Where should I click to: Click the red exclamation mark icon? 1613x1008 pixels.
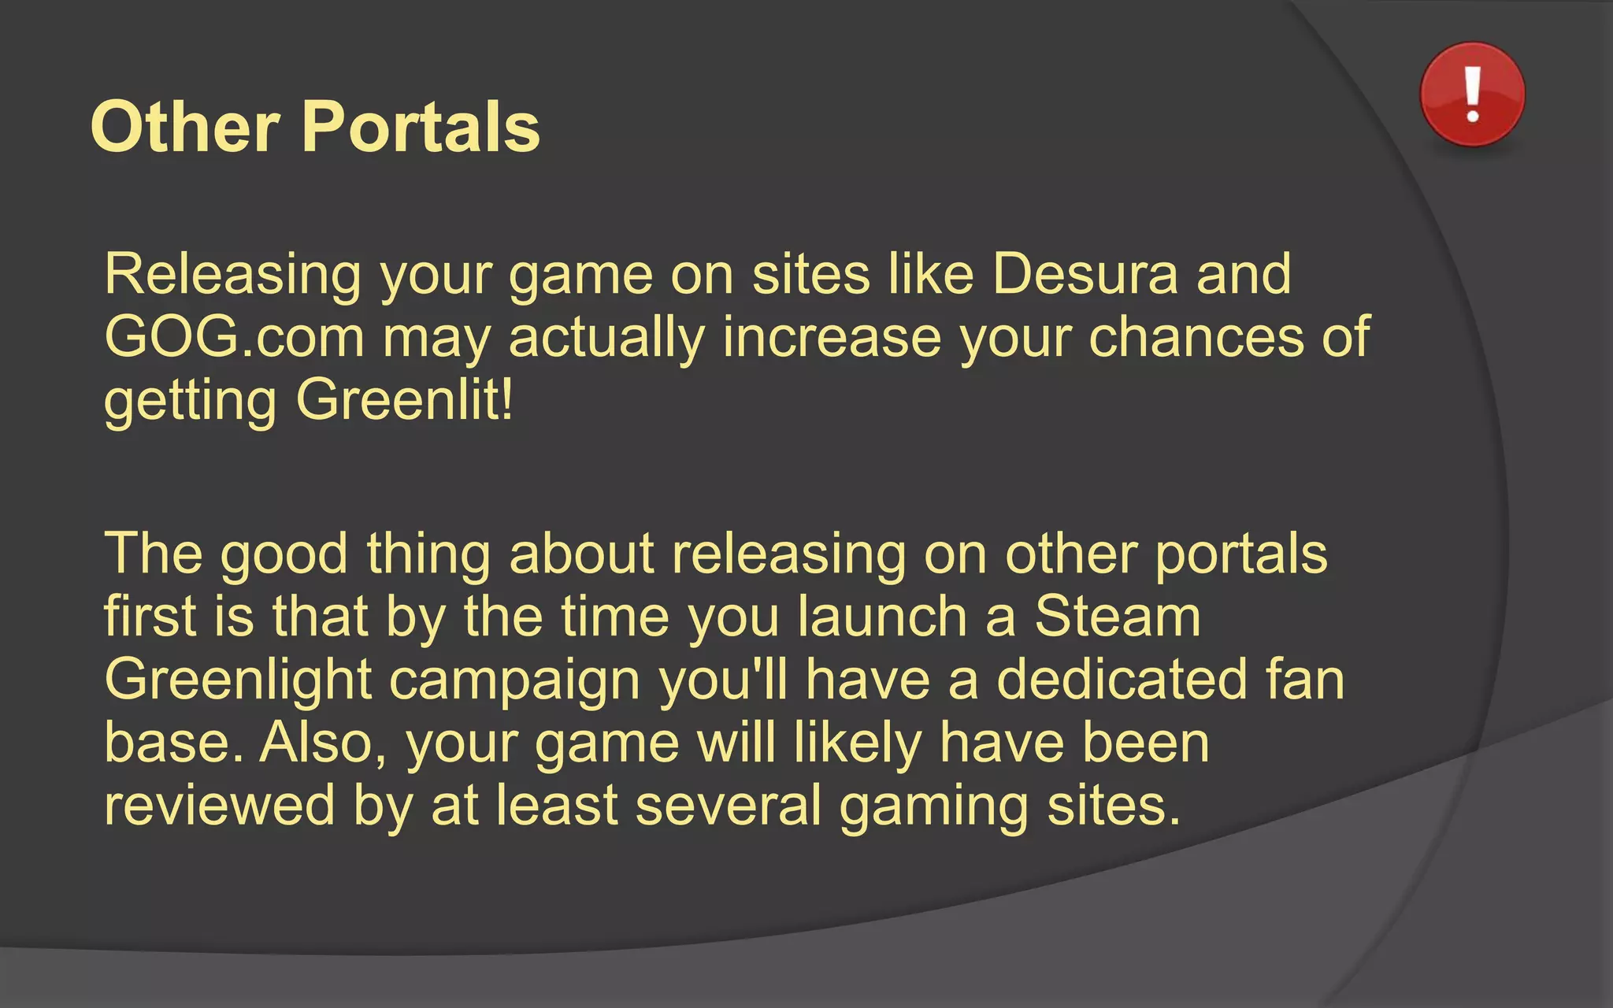pyautogui.click(x=1472, y=94)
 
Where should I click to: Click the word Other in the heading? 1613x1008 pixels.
pyautogui.click(x=185, y=127)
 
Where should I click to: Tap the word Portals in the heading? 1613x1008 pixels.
pyautogui.click(x=421, y=127)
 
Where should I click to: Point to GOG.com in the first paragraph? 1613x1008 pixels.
pyautogui.click(x=234, y=337)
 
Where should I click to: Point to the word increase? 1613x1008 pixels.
pyautogui.click(x=832, y=337)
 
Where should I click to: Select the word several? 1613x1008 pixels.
pyautogui.click(x=729, y=805)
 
